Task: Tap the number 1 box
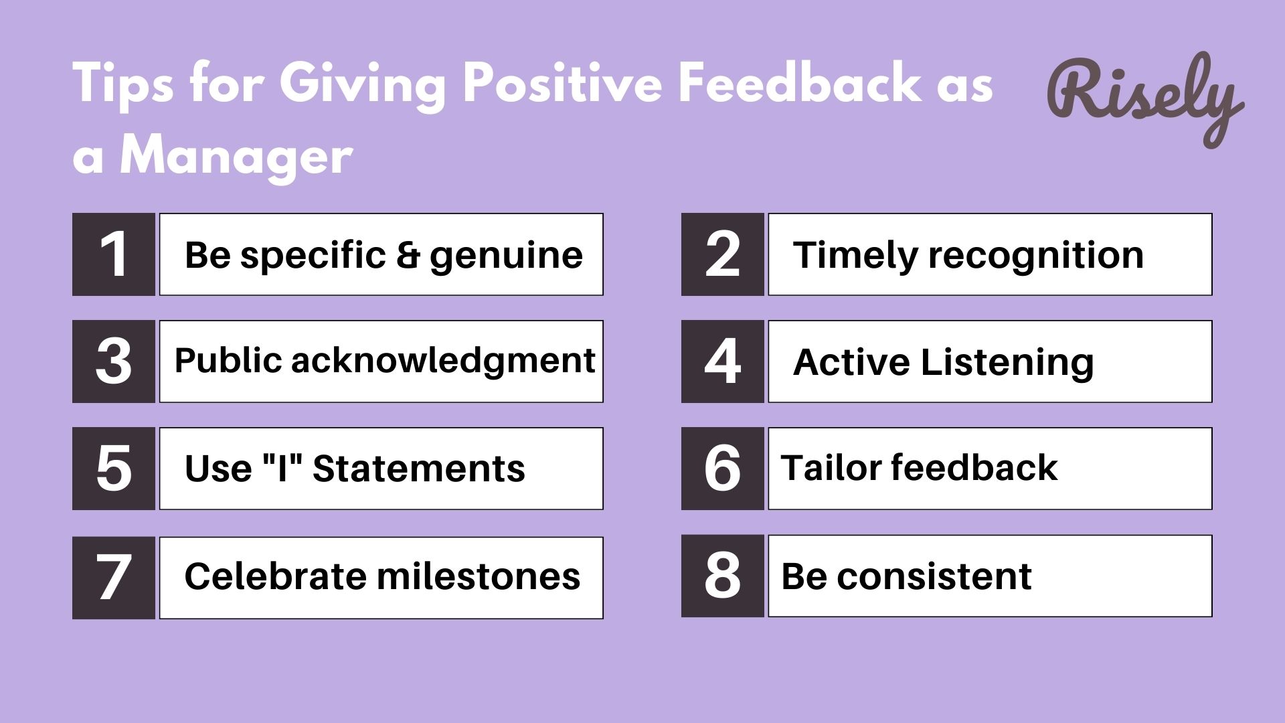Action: point(114,254)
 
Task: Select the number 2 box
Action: point(723,254)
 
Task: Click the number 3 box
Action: point(114,361)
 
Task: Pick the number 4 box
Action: point(723,361)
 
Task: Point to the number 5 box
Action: point(114,469)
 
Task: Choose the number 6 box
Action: point(723,469)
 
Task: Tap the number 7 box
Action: point(114,578)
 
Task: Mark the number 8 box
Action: point(723,576)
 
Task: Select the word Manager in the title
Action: point(236,157)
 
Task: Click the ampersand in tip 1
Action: point(408,255)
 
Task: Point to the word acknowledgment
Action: point(443,361)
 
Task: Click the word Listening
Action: point(1007,362)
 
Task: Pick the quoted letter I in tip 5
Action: point(282,468)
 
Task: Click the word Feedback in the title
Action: point(799,83)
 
